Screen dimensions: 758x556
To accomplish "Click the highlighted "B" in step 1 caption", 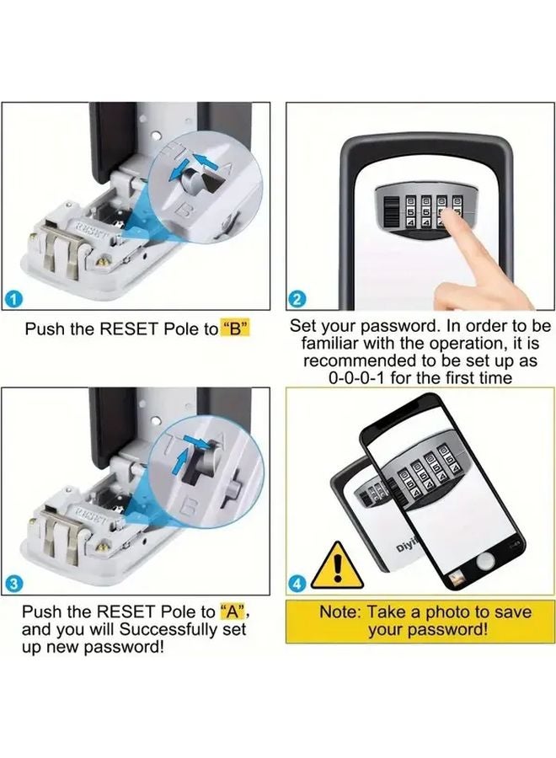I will (237, 329).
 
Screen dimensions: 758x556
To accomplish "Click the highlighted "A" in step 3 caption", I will (235, 611).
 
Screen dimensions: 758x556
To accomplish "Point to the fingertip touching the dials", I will (452, 221).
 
